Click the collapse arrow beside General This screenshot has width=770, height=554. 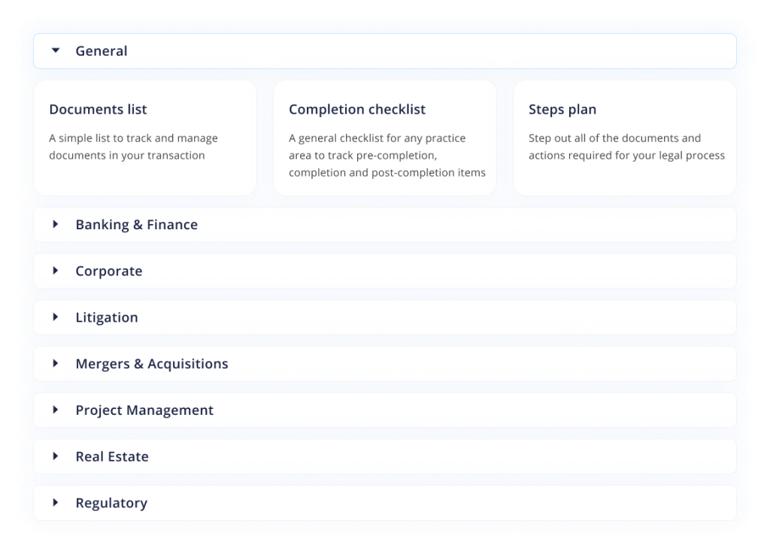(x=56, y=50)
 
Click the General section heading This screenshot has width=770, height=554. (x=102, y=51)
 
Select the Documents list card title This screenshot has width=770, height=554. (x=98, y=110)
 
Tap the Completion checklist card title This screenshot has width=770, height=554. (x=357, y=110)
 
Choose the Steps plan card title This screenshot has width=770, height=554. (x=562, y=110)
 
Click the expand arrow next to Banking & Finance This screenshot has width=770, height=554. (x=56, y=224)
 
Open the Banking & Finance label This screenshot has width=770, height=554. (x=137, y=225)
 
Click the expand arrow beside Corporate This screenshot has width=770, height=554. (x=56, y=271)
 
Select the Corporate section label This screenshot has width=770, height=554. (x=109, y=271)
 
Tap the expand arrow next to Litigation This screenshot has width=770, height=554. (x=56, y=317)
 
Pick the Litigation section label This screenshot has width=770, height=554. (x=107, y=317)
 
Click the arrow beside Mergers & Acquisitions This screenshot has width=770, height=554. (x=56, y=363)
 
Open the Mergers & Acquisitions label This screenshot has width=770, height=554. (x=152, y=364)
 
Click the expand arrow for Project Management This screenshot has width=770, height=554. (x=56, y=410)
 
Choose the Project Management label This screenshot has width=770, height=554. (x=144, y=410)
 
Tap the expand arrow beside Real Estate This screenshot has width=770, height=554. (x=56, y=456)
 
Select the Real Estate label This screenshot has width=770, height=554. (x=112, y=456)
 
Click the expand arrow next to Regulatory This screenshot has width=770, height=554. (x=56, y=502)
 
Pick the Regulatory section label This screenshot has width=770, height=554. (x=111, y=503)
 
